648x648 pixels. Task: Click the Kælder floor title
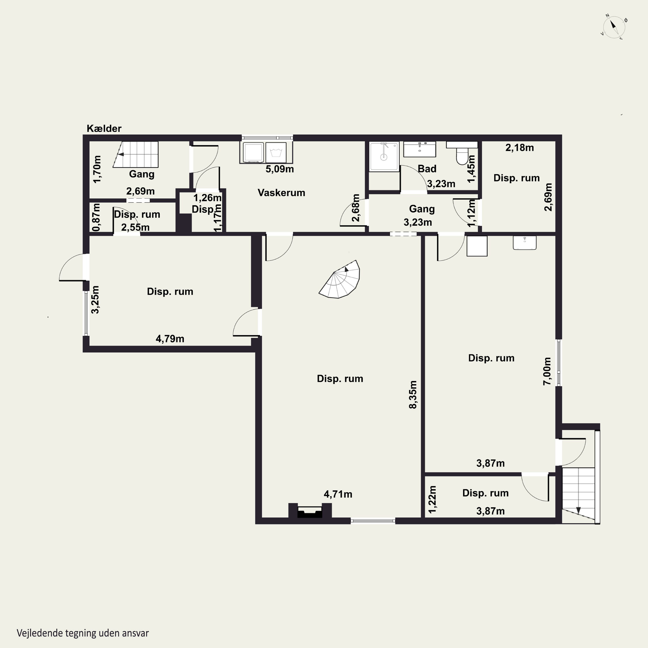[x=104, y=129]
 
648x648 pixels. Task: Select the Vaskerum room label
[x=281, y=192]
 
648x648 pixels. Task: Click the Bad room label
[x=427, y=168]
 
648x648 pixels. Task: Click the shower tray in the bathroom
[x=384, y=157]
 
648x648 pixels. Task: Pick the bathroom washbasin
[x=420, y=149]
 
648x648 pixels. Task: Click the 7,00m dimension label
[x=547, y=371]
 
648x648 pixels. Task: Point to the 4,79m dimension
[x=170, y=339]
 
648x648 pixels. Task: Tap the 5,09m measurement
[x=280, y=169]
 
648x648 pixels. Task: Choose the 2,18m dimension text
[x=519, y=148]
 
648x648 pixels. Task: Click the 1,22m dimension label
[x=433, y=499]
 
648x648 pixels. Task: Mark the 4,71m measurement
[x=338, y=494]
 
